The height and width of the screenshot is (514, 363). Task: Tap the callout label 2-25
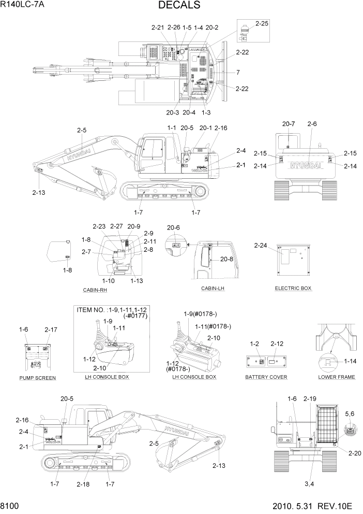[x=262, y=24]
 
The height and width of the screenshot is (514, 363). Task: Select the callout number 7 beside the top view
[x=238, y=72]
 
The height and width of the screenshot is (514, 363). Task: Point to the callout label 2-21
[x=158, y=27]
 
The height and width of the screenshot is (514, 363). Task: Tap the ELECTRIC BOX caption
[x=293, y=288]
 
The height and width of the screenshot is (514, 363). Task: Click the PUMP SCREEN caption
[x=37, y=378]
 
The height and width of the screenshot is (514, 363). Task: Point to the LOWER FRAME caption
[x=336, y=377]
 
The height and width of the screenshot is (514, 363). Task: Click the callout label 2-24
[x=261, y=245]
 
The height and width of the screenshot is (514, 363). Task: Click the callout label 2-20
[x=355, y=453]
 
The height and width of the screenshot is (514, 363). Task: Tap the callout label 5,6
[x=350, y=413]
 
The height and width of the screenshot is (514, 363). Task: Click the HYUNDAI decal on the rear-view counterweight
[x=305, y=165]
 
